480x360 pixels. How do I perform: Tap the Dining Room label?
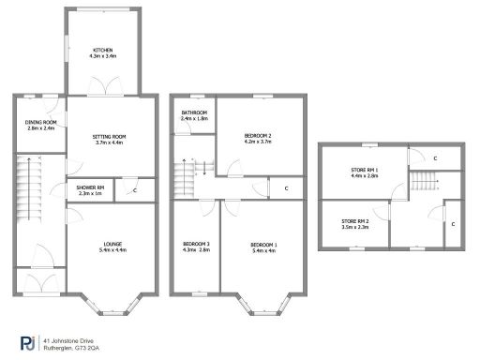pos(40,123)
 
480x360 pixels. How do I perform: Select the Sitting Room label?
pos(109,137)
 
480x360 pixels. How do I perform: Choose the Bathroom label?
pos(195,113)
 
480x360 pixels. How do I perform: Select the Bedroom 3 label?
pos(196,245)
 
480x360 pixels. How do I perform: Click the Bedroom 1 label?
pos(263,245)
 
